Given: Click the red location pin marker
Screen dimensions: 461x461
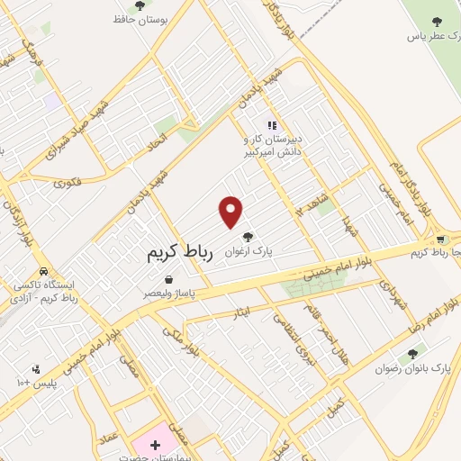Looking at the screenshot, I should pos(231,212).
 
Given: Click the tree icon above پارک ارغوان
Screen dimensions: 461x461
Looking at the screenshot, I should pos(273,237).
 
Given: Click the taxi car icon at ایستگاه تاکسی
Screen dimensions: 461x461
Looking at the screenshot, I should pos(43,271).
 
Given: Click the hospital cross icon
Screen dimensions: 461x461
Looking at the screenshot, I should pos(155,445).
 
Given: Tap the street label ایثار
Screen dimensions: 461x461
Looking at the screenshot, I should pos(251,309).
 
